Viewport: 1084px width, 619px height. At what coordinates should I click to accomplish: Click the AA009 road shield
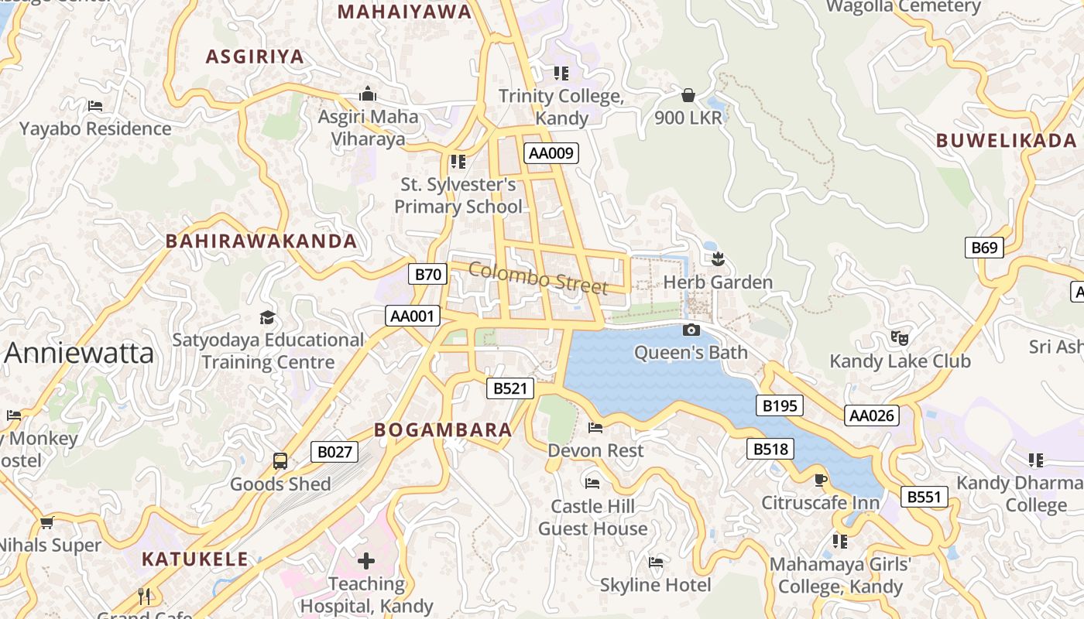[551, 153]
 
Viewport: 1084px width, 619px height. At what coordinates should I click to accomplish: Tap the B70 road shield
[427, 274]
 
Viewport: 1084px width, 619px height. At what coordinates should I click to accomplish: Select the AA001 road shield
[413, 316]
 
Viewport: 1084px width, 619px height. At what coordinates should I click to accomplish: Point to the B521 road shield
[510, 388]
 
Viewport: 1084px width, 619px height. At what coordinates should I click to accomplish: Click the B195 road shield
[779, 405]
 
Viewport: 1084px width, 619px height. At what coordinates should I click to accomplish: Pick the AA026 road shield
[872, 416]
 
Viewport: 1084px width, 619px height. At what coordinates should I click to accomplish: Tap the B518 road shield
[770, 449]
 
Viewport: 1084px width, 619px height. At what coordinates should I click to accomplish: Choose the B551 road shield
[924, 497]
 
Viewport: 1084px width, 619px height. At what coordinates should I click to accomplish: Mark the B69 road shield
[984, 248]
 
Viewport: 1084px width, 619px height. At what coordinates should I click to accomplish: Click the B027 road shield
[334, 452]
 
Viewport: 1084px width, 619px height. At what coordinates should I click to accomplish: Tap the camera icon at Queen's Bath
[691, 330]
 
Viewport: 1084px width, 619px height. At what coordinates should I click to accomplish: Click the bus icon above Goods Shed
[280, 461]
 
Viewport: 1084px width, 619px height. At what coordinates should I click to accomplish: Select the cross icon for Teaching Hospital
[366, 560]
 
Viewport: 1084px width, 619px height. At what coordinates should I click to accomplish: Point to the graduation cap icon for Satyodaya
[267, 317]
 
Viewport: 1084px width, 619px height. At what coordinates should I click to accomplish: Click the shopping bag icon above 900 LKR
[688, 95]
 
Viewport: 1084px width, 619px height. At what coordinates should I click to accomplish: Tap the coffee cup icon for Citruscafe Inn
[821, 480]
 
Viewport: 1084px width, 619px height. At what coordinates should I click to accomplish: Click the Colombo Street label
[538, 278]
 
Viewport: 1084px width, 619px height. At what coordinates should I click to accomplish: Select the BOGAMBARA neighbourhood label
[443, 430]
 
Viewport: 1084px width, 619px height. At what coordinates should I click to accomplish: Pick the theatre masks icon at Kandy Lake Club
[899, 337]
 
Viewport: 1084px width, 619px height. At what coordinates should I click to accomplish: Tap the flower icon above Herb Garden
[718, 258]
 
